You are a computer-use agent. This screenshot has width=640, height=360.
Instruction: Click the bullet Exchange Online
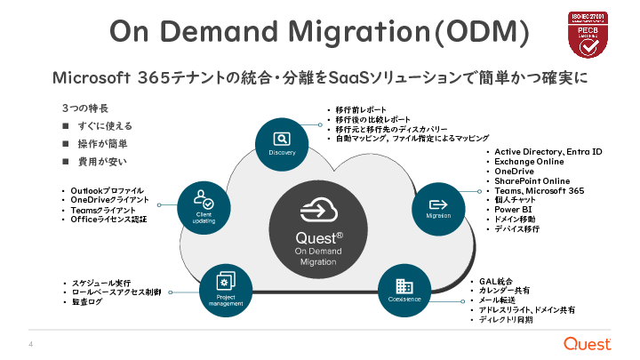(529, 161)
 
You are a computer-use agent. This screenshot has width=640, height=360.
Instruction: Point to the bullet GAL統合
(497, 282)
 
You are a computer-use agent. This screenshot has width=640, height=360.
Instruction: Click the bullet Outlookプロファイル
(108, 190)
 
